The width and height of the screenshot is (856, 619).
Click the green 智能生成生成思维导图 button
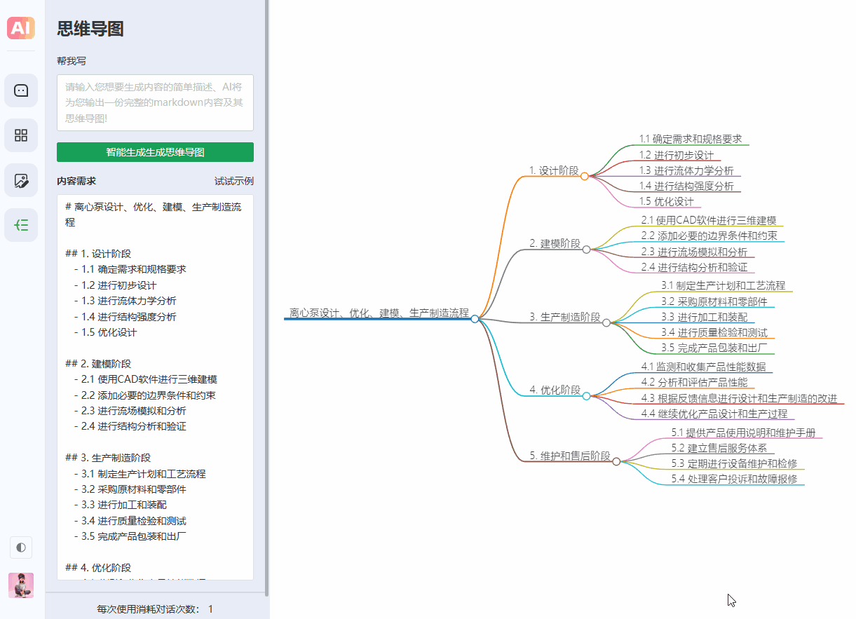(155, 152)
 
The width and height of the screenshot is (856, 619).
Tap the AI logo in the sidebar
(21, 28)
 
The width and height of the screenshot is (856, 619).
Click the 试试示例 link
(234, 181)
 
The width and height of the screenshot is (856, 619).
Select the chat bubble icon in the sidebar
(21, 90)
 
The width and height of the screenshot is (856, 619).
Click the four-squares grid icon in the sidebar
(21, 135)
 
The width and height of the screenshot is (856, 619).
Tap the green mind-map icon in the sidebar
(21, 225)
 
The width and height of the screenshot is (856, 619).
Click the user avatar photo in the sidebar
(21, 585)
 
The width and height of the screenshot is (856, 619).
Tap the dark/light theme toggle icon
(21, 547)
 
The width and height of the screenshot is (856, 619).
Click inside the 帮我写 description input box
(155, 103)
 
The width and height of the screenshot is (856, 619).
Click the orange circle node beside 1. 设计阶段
(584, 176)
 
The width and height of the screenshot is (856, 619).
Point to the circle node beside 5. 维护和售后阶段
(616, 461)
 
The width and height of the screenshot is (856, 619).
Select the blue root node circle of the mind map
(475, 319)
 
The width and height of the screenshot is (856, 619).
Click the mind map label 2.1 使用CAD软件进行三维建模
(709, 221)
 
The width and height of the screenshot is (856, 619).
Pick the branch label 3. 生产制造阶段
(565, 317)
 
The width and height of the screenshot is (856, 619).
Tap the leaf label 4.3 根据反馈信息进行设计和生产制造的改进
(739, 398)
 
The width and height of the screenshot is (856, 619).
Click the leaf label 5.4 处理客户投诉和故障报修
(734, 479)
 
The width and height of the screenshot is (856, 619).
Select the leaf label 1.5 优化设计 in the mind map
(666, 201)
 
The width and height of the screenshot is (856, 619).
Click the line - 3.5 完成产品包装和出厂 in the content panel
(130, 536)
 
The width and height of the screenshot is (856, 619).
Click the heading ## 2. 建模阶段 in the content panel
(98, 363)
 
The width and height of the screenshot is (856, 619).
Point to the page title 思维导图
(90, 29)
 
